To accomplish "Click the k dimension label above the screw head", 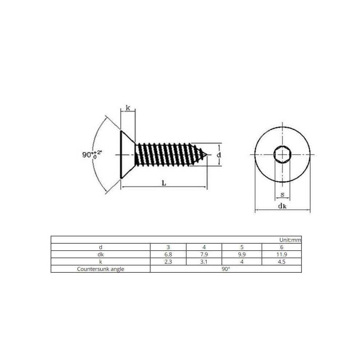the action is pyautogui.click(x=128, y=108).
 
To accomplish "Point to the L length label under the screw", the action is pyautogui.click(x=164, y=183).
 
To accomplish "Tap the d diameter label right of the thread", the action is pyautogui.click(x=219, y=155).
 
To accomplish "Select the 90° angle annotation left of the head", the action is pyautogui.click(x=92, y=154).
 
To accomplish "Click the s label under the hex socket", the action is pyautogui.click(x=283, y=195).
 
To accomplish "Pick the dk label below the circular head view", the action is pyautogui.click(x=282, y=206).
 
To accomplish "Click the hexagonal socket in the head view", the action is pyautogui.click(x=283, y=155).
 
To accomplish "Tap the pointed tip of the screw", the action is pyautogui.click(x=207, y=155).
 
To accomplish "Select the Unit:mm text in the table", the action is pyautogui.click(x=290, y=240).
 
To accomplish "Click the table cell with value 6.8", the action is pyautogui.click(x=168, y=255).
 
